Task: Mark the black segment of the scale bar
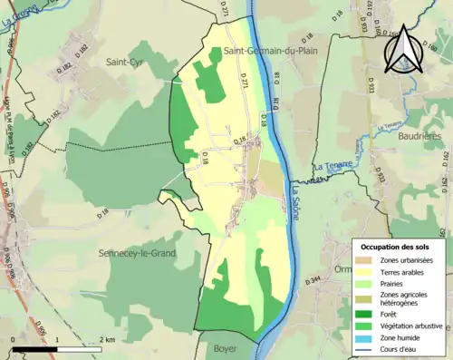coord(35,348)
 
